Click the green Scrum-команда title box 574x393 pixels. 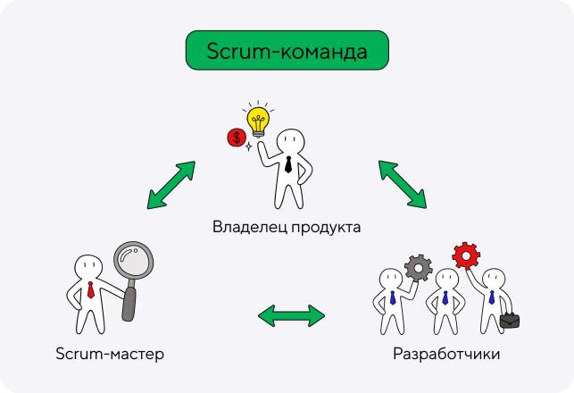[287, 50]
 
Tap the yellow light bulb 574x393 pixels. [258, 121]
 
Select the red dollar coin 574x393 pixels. [237, 138]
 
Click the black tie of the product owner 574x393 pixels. [288, 164]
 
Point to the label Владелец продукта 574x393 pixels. [287, 227]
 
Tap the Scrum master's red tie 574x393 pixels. [90, 289]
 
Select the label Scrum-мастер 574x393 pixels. [110, 354]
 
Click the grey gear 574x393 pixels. [419, 268]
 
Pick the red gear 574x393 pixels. [466, 255]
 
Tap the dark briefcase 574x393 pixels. [510, 321]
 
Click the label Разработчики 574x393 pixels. [446, 354]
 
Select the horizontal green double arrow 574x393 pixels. [291, 315]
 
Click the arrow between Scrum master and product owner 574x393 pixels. [171, 185]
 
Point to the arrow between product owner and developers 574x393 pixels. [403, 184]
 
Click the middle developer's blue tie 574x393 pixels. [445, 297]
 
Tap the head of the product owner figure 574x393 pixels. [291, 140]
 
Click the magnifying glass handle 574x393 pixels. [129, 303]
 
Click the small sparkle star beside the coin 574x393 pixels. [248, 146]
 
